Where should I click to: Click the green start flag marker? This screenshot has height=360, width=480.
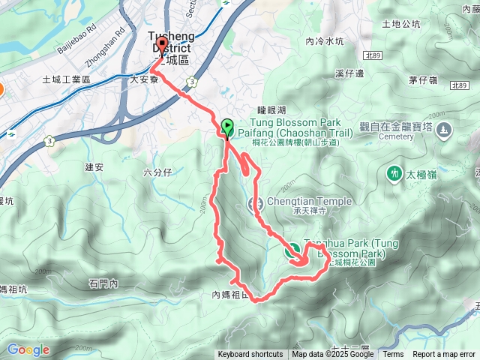pyautogui.click(x=228, y=126)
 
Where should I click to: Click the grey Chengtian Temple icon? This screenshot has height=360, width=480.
pyautogui.click(x=255, y=203)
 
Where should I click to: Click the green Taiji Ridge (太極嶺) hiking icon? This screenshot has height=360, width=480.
pyautogui.click(x=394, y=173)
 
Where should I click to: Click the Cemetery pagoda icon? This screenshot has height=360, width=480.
pyautogui.click(x=445, y=130)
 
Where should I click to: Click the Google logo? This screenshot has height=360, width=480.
pyautogui.click(x=28, y=349)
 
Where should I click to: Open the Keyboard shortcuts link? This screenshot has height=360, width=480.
pyautogui.click(x=250, y=355)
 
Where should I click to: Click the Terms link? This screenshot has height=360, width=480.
pyautogui.click(x=393, y=355)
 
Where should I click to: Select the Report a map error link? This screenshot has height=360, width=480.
pyautogui.click(x=444, y=355)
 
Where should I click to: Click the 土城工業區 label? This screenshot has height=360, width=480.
pyautogui.click(x=66, y=79)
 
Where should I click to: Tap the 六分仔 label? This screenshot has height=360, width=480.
pyautogui.click(x=157, y=173)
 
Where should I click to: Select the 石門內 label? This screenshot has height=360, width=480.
pyautogui.click(x=103, y=283)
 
